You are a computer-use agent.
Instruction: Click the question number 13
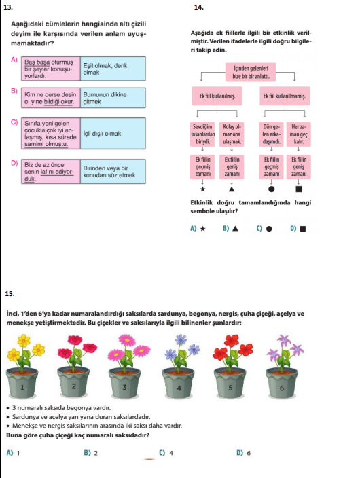pyautogui.click(x=8, y=7)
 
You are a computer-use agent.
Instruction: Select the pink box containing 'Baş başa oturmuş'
pyautogui.click(x=51, y=69)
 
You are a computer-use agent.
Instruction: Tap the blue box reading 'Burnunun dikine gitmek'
pyautogui.click(x=113, y=98)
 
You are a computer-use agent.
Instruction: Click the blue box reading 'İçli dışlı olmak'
pyautogui.click(x=113, y=133)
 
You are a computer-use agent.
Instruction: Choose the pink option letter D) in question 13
pyautogui.click(x=14, y=163)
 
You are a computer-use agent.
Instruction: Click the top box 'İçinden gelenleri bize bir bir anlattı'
pyautogui.click(x=251, y=72)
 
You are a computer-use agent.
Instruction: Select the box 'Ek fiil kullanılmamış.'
pyautogui.click(x=285, y=96)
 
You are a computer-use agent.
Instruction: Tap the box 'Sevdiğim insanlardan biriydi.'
pyautogui.click(x=202, y=134)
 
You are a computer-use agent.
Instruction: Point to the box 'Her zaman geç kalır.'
pyautogui.click(x=299, y=134)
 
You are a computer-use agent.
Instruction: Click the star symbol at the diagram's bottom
pyautogui.click(x=202, y=189)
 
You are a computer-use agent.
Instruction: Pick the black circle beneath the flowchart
pyautogui.click(x=271, y=189)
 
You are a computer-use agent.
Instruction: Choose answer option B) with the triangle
pyautogui.click(x=231, y=229)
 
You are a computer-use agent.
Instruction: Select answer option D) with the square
pyautogui.click(x=298, y=229)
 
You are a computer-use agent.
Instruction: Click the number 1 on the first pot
pyautogui.click(x=22, y=388)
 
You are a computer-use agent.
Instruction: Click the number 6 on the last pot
pyautogui.click(x=282, y=388)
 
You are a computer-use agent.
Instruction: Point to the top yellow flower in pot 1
pyautogui.click(x=24, y=340)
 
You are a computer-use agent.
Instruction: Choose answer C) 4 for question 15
pyautogui.click(x=166, y=453)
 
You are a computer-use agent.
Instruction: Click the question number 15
pyautogui.click(x=10, y=294)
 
